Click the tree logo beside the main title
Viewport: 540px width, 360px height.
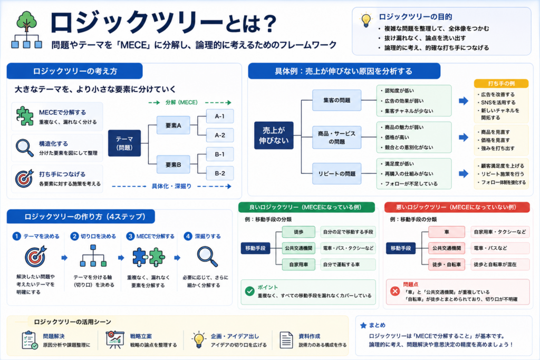click(x=26, y=30)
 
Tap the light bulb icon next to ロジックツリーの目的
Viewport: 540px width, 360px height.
click(x=366, y=20)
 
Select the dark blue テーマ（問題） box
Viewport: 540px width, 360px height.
click(x=124, y=143)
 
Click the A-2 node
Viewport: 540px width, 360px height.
click(x=220, y=135)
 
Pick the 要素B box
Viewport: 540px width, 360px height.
click(x=173, y=165)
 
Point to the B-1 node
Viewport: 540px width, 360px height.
click(x=220, y=154)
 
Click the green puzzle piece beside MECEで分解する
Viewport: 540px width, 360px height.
click(x=24, y=116)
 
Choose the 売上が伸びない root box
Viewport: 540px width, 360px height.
click(x=274, y=135)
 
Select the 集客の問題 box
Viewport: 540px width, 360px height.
click(x=337, y=100)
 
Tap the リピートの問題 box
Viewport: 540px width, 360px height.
click(x=337, y=174)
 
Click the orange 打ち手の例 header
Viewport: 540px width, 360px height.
click(x=501, y=84)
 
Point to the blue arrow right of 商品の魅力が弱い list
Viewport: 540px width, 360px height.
click(x=464, y=138)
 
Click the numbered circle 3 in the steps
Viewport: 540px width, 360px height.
click(x=130, y=236)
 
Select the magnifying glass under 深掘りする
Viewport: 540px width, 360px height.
click(x=207, y=257)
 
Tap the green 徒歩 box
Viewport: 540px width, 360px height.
click(x=298, y=232)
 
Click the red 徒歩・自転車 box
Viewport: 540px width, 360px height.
click(x=447, y=264)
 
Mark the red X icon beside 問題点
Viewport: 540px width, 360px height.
click(x=395, y=291)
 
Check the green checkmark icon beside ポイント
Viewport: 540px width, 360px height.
click(x=249, y=291)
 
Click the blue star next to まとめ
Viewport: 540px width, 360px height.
click(x=363, y=325)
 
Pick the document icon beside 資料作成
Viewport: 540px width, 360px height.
click(x=286, y=340)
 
